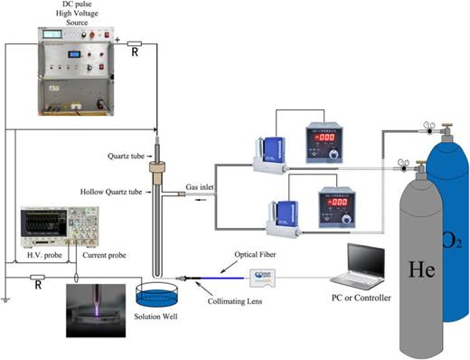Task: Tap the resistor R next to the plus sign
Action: point(134,43)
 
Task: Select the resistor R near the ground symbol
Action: point(37,283)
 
